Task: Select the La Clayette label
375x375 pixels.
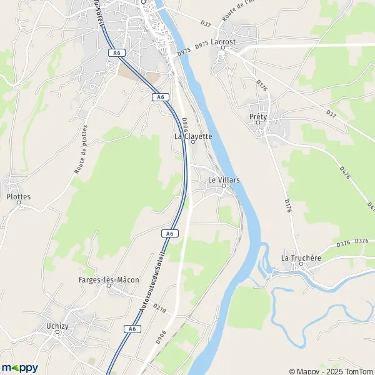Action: pos(193,136)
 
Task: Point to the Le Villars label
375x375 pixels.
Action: pos(224,179)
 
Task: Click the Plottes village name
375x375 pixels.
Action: pos(18,196)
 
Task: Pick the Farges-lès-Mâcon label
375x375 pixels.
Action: pos(109,279)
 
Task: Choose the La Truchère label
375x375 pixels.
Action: pos(301,257)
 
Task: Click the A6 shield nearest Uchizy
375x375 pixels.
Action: pos(131,329)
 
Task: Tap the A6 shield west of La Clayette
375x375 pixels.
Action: pos(161,97)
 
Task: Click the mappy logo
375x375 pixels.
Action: pos(19,367)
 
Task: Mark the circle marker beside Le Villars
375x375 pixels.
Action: pos(224,186)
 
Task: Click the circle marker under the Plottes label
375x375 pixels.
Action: pos(18,202)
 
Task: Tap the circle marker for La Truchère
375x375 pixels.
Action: pos(301,263)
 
